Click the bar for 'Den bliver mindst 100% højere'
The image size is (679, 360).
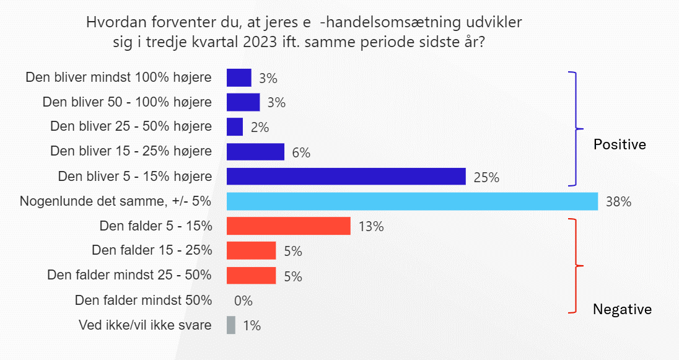(x=239, y=77)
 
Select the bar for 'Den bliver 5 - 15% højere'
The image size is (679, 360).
(x=346, y=177)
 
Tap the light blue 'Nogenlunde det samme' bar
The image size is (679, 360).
(x=412, y=201)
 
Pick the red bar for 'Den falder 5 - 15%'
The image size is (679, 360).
(x=289, y=226)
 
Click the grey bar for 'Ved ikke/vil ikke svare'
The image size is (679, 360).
(x=231, y=325)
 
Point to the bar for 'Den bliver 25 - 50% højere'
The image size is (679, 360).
(x=235, y=127)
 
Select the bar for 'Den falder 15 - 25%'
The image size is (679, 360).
(x=251, y=251)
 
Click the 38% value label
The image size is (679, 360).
(x=618, y=202)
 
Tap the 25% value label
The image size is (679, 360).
(x=486, y=178)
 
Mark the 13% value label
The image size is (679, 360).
(x=371, y=227)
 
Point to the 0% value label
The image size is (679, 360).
(x=243, y=301)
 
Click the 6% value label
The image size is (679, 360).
(x=301, y=152)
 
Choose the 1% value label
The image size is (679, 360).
(x=252, y=326)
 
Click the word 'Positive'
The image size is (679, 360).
(x=620, y=144)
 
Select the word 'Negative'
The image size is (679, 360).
(x=622, y=309)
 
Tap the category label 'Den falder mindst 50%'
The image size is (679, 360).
(x=143, y=301)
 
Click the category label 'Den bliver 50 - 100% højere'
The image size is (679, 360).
(x=127, y=102)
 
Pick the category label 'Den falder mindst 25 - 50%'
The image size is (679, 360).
(x=129, y=275)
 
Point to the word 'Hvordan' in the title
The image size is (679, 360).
(x=113, y=24)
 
